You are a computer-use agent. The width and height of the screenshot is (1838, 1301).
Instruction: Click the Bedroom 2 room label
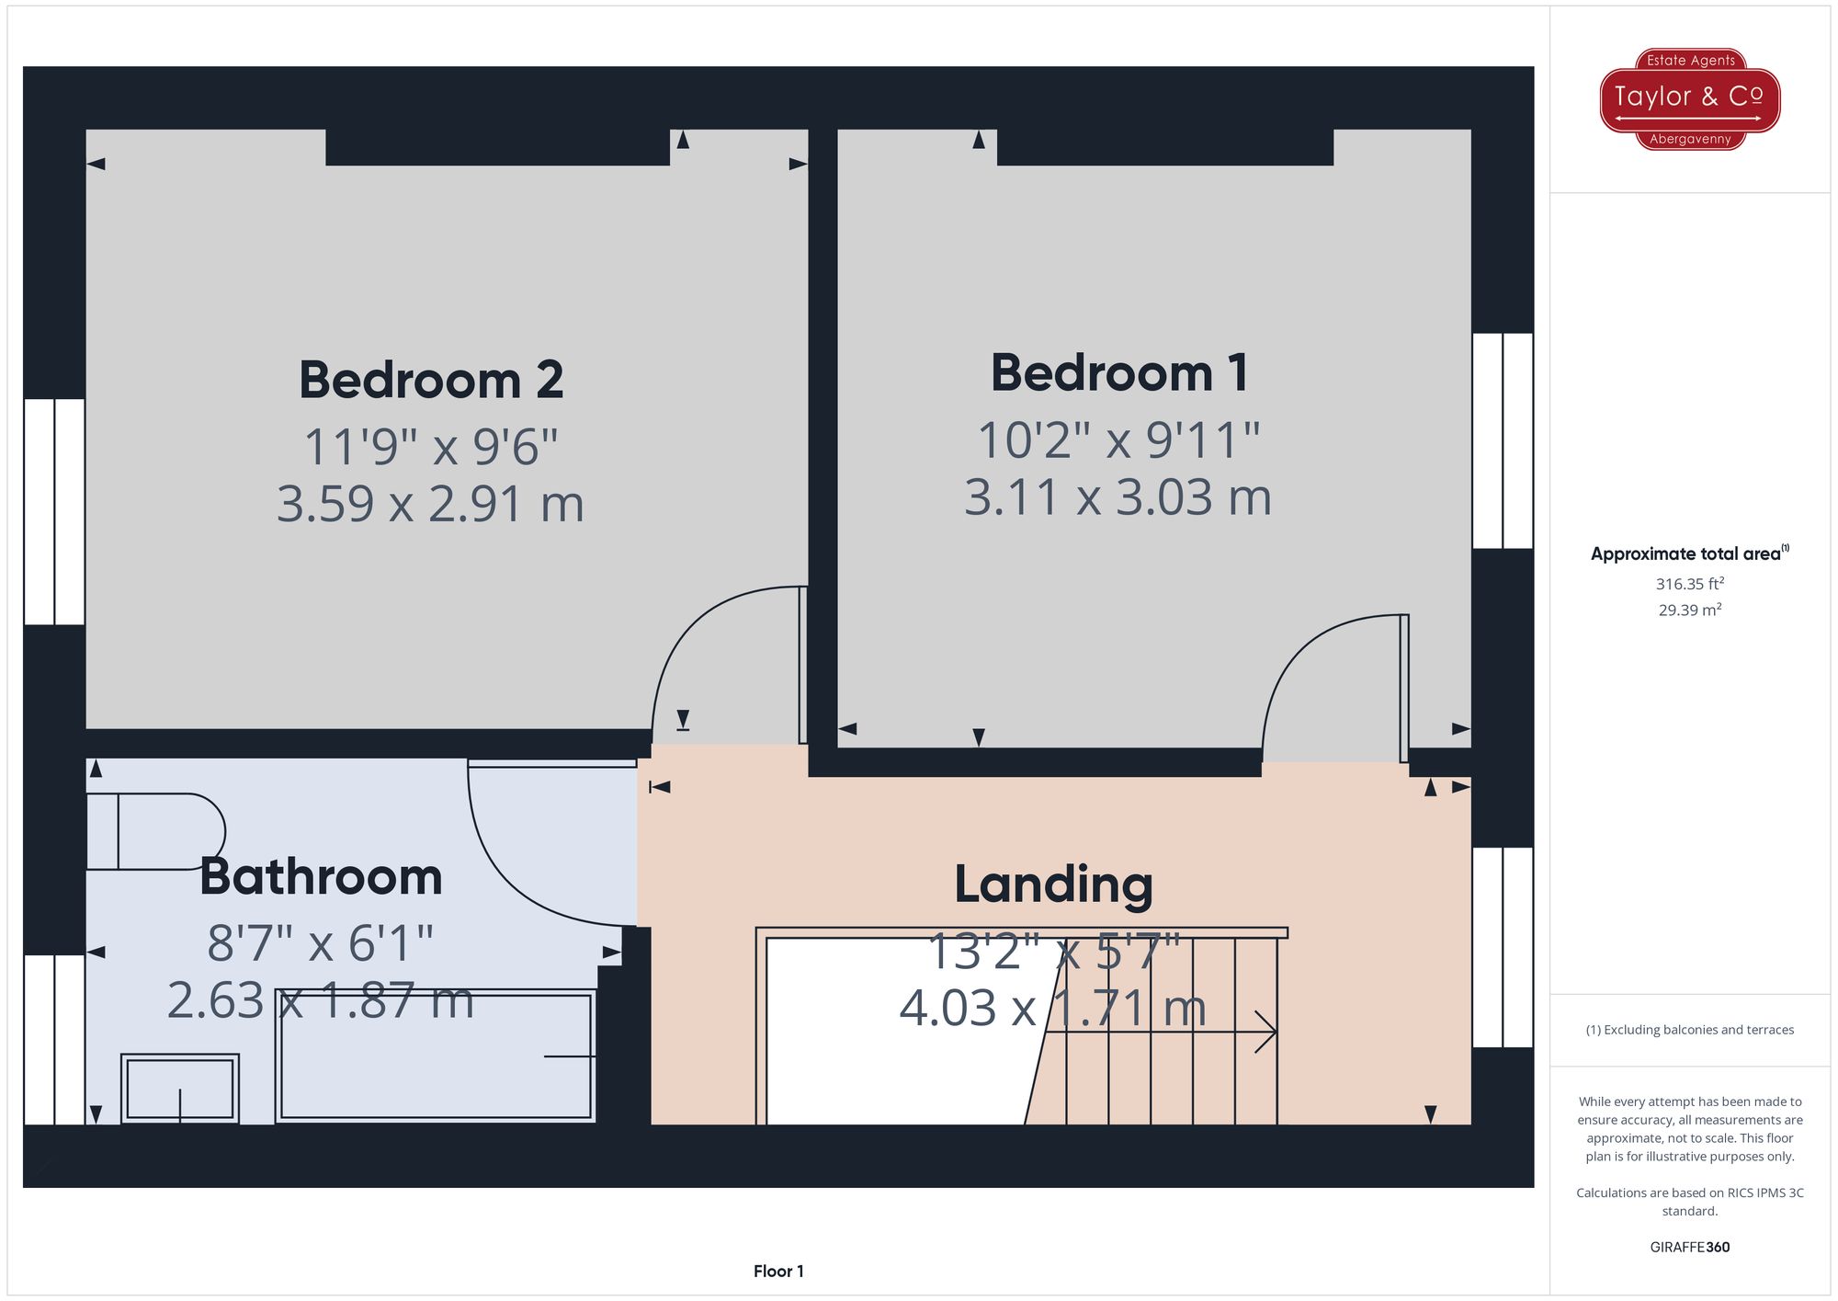coord(431,380)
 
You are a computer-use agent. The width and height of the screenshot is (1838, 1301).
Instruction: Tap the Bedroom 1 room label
coord(1118,373)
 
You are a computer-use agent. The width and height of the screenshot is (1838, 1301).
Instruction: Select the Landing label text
coord(1053,884)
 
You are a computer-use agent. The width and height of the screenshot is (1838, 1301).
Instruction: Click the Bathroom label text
coord(321,876)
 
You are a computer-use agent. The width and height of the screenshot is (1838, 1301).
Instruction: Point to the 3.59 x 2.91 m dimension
coord(430,504)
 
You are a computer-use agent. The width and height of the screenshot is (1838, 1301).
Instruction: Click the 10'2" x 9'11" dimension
coord(1118,439)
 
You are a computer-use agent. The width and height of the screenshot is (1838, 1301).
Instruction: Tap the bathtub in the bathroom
coord(436,1056)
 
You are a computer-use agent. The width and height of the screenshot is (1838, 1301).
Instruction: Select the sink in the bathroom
coord(180,1089)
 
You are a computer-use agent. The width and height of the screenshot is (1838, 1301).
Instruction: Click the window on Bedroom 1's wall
coord(1503,440)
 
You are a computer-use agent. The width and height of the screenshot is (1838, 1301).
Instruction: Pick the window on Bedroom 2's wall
coord(54,511)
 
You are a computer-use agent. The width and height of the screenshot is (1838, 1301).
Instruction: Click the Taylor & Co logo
coord(1689,98)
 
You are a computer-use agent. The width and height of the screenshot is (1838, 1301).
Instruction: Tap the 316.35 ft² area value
coord(1689,584)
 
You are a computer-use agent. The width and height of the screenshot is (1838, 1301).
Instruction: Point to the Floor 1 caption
coord(778,1272)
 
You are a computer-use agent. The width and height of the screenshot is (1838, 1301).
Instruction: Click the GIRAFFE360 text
coord(1689,1247)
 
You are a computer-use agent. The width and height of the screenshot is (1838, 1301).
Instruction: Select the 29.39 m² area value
coord(1689,610)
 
